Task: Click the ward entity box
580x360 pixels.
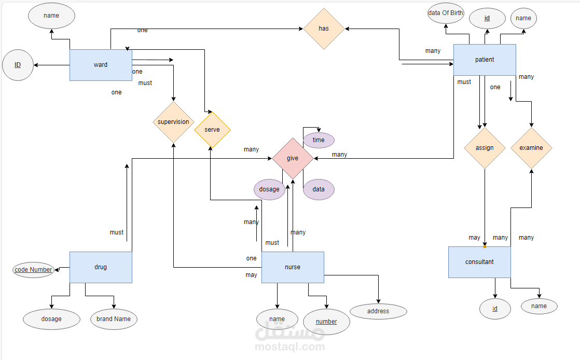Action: [101, 65]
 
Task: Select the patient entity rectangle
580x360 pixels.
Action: [485, 60]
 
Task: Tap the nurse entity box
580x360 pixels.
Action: [293, 267]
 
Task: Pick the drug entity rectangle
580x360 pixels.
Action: [101, 267]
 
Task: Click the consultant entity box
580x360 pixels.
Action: [479, 262]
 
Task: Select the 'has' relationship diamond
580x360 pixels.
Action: [324, 29]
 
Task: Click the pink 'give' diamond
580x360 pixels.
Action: [293, 158]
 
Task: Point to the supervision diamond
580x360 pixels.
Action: [173, 122]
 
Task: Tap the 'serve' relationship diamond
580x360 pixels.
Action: [212, 130]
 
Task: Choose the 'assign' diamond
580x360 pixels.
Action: [485, 148]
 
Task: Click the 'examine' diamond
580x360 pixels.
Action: [531, 148]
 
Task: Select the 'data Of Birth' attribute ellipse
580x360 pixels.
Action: [446, 13]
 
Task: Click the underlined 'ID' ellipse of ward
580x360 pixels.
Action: [18, 65]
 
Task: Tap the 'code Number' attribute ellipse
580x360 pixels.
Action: [33, 270]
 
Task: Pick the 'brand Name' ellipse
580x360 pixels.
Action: [114, 319]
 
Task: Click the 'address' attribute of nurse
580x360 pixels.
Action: [378, 311]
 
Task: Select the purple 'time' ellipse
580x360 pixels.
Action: [319, 140]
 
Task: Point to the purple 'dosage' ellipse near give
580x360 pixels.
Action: [269, 189]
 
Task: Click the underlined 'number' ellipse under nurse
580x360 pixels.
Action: [326, 322]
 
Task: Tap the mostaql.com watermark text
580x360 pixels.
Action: [290, 347]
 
